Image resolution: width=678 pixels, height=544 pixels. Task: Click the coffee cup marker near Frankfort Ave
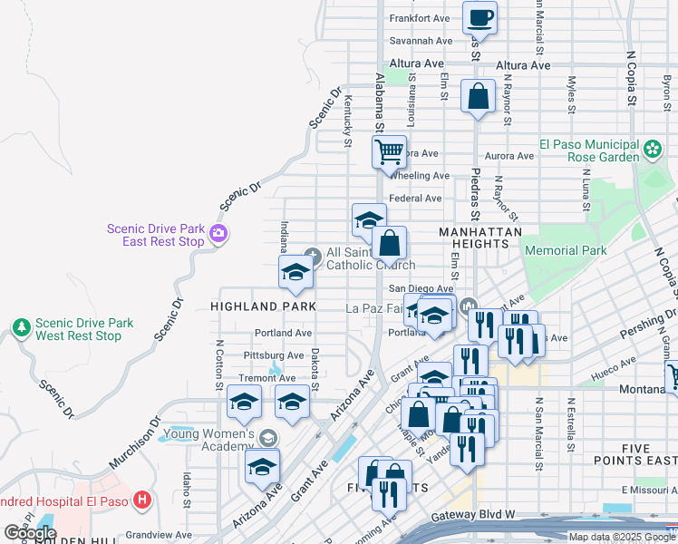click(479, 17)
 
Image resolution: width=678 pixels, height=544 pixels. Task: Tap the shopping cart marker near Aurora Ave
click(390, 151)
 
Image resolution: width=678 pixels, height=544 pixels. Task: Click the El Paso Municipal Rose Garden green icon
click(652, 148)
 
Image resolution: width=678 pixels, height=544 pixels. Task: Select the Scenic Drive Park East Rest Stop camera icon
click(218, 235)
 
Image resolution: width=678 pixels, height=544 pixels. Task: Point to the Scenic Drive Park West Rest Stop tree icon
click(20, 326)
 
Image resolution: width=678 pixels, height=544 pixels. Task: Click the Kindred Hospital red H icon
click(141, 499)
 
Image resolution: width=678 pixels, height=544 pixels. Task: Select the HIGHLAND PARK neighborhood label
click(263, 306)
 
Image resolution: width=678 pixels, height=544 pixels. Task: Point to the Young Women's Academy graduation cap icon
click(268, 438)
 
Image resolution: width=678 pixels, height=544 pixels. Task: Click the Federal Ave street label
click(414, 199)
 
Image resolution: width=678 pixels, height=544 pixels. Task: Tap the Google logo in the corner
click(30, 533)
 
